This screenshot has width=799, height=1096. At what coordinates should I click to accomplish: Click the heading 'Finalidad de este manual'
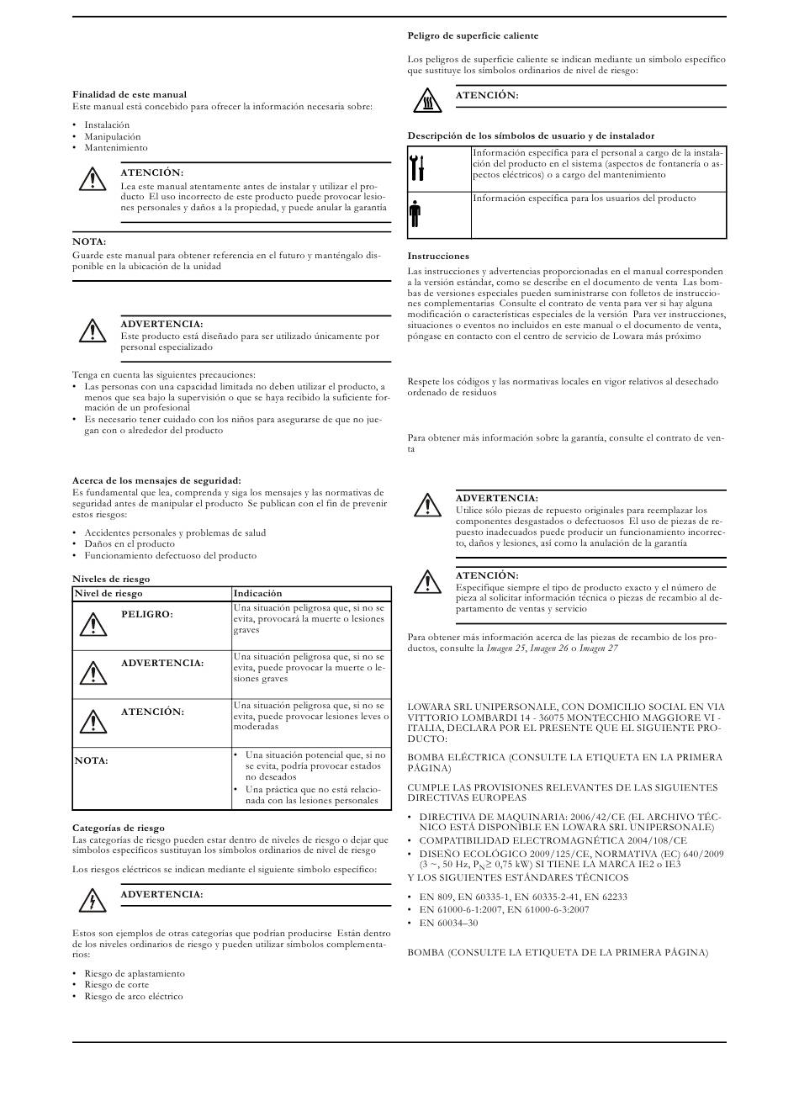130,94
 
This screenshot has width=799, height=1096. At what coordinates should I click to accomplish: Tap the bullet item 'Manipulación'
113,136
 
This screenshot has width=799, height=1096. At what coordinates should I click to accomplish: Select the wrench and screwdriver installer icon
418,167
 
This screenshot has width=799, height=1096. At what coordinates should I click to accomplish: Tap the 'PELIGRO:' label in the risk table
146,615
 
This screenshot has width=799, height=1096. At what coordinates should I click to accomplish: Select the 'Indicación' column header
257,593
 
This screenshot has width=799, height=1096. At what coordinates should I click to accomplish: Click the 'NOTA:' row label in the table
92,760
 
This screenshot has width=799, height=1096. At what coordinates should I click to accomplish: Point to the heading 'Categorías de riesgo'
119,828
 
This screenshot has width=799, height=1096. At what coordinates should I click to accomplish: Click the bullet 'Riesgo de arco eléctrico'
133,996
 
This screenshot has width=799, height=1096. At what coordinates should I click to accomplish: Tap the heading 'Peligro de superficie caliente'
473,35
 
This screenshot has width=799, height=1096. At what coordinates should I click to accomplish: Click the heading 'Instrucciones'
438,256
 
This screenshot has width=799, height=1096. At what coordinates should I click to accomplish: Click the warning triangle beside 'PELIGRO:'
93,624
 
